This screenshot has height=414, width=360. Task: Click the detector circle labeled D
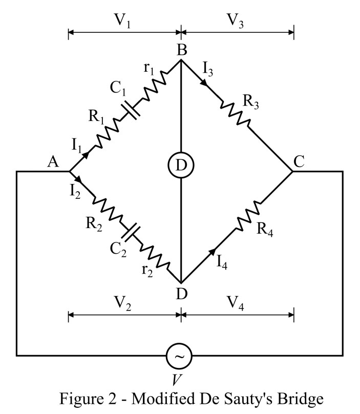pyautogui.click(x=181, y=164)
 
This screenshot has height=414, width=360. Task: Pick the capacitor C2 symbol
pyautogui.click(x=132, y=233)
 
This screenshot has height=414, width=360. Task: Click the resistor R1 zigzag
pyautogui.click(x=107, y=134)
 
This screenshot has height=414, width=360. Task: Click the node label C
pyautogui.click(x=300, y=162)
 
